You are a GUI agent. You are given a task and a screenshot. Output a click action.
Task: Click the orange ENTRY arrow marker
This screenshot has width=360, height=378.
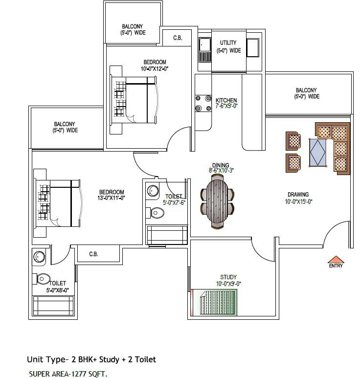336,259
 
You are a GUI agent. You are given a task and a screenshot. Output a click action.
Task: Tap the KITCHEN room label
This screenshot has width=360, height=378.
226,100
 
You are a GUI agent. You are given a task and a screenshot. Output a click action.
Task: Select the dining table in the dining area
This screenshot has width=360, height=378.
217,201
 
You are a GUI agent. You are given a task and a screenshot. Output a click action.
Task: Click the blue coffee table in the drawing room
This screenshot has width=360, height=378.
318,153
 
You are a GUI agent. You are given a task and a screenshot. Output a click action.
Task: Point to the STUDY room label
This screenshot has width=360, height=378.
228,277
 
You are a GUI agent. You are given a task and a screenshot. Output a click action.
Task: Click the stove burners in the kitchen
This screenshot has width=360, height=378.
203,103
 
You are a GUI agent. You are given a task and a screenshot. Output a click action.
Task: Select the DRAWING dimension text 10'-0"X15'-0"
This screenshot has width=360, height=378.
298,201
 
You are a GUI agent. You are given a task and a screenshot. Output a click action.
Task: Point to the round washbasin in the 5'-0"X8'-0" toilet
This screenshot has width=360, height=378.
39,257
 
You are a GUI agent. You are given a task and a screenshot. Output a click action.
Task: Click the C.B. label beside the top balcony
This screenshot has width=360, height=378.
178,38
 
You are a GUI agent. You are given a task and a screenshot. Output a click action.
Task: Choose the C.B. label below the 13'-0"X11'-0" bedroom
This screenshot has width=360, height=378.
93,254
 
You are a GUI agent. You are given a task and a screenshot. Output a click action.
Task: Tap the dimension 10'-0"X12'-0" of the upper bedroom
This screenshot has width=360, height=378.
155,69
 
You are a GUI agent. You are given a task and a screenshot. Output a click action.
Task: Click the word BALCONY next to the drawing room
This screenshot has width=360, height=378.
306,90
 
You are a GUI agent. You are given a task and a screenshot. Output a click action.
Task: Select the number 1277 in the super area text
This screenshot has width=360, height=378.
79,374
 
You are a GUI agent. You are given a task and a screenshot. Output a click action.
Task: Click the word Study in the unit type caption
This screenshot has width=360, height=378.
109,360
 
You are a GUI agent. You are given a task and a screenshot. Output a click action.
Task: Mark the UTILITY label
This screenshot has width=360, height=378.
228,43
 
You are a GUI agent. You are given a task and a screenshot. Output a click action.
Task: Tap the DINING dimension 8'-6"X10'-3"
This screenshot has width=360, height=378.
221,171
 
